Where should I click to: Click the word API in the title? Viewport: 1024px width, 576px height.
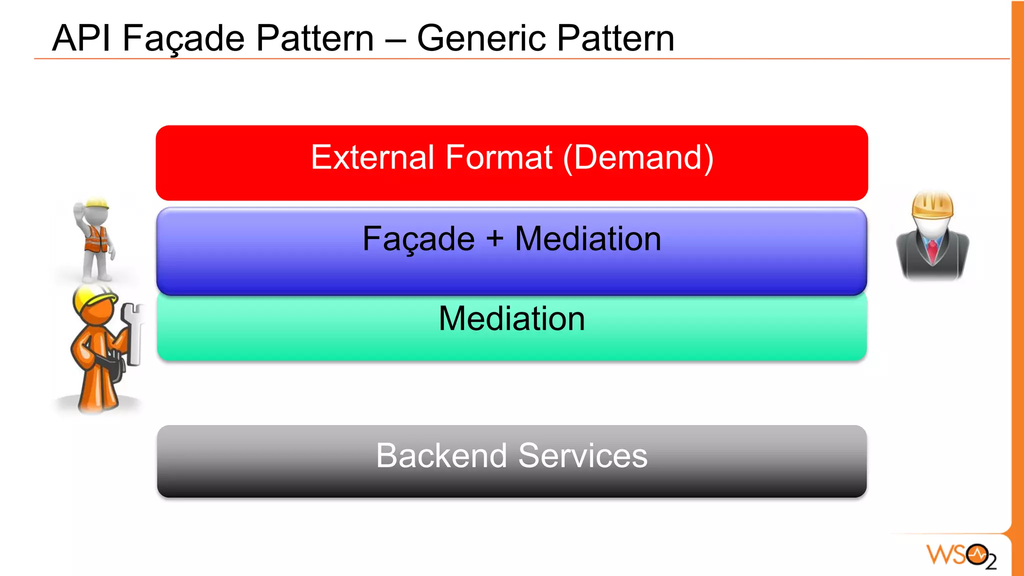click(x=81, y=38)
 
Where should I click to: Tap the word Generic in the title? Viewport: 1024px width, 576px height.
click(x=480, y=38)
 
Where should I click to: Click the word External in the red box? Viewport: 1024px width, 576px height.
click(x=373, y=157)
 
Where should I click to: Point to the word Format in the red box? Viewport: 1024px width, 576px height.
click(x=498, y=157)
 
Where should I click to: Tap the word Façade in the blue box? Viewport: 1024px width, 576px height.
click(x=418, y=238)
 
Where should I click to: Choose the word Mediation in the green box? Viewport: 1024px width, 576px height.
click(x=511, y=318)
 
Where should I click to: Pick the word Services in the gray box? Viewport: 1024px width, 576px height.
click(x=582, y=455)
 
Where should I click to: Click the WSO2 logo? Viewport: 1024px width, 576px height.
click(x=961, y=555)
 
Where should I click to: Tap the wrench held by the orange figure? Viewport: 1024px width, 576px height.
click(x=133, y=332)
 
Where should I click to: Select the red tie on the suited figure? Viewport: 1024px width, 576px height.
click(x=932, y=250)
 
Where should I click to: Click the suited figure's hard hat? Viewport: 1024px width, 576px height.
click(x=932, y=204)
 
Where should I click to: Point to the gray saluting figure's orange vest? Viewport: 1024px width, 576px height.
click(x=96, y=239)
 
